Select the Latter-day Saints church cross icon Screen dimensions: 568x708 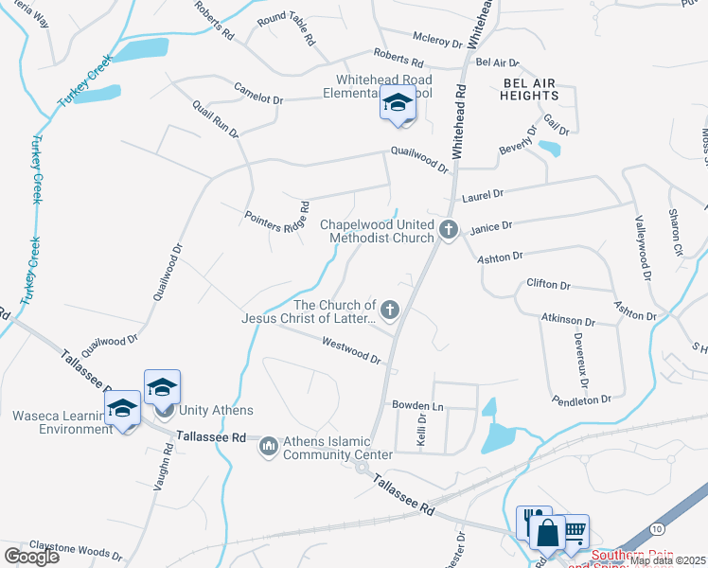coord(389,309)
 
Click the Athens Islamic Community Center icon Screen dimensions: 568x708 coord(269,445)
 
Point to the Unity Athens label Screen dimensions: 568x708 coord(217,410)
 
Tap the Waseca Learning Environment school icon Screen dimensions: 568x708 coord(122,410)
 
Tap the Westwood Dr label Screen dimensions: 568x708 coord(350,350)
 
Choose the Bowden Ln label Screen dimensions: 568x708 coord(417,404)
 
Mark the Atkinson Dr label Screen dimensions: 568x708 coord(568,321)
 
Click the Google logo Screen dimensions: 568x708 coord(31,556)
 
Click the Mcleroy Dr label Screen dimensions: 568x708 coord(436,42)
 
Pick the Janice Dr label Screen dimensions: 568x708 coord(490,226)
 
